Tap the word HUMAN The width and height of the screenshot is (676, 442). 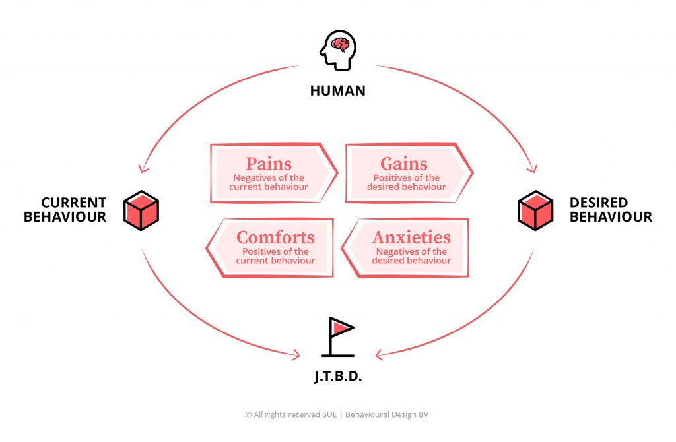(x=337, y=91)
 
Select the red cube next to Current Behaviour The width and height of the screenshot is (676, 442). (x=141, y=210)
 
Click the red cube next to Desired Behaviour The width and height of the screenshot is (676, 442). (x=535, y=210)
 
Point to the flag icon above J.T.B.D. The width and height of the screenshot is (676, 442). (x=341, y=337)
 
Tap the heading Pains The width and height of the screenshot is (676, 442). (x=269, y=164)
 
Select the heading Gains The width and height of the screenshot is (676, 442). (x=404, y=164)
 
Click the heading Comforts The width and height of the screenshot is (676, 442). (x=275, y=237)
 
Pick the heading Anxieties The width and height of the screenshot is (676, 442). (x=411, y=237)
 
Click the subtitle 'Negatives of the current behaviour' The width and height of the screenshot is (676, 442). (x=269, y=183)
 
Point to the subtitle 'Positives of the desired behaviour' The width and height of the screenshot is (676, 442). (x=406, y=183)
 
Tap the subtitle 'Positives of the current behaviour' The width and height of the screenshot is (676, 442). (x=275, y=256)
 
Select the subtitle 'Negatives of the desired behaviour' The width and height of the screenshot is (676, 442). (x=411, y=256)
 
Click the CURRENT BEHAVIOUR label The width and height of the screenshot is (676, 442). (x=65, y=209)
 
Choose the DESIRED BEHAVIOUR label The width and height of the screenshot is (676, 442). (x=610, y=209)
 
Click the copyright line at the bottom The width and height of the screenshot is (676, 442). (x=337, y=414)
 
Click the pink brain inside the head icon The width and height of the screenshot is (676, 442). (x=341, y=45)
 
